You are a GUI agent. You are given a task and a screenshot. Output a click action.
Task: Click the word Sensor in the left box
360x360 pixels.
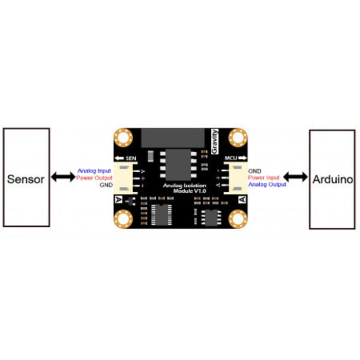[x=26, y=179]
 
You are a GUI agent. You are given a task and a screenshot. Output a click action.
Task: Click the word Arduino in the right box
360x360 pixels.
[x=332, y=179]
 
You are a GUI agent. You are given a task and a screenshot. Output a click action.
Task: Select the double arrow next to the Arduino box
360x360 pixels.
[x=295, y=177]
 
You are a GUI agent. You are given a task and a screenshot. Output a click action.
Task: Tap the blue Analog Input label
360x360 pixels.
[x=94, y=171]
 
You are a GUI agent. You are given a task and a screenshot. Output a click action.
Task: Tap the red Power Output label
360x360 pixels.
[x=94, y=178]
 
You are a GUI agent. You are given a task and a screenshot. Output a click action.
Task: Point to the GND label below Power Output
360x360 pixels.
[x=106, y=185]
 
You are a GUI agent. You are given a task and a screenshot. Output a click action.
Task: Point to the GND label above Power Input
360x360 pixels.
[x=254, y=171]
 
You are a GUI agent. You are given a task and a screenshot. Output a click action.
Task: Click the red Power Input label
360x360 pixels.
[x=263, y=177]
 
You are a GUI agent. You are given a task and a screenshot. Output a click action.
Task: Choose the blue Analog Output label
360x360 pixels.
[x=267, y=184]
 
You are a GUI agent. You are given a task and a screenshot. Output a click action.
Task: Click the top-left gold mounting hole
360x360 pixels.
[x=123, y=138]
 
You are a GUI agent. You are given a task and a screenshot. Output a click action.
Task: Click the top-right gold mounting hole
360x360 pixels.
[x=238, y=137]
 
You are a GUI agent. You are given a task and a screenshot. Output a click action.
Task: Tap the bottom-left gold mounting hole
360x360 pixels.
[x=123, y=219]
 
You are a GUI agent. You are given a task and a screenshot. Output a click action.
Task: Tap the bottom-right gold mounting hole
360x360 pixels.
[x=238, y=219]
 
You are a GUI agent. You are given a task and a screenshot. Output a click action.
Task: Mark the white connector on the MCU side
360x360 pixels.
[x=235, y=178]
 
